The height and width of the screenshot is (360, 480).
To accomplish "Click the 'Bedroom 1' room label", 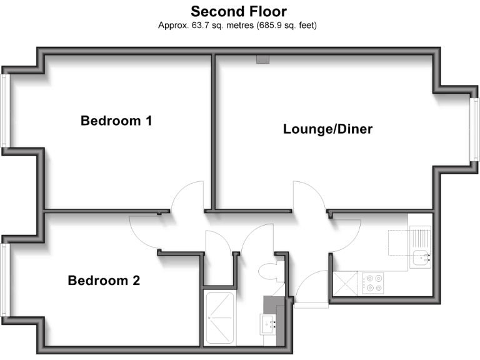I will tap(116, 121).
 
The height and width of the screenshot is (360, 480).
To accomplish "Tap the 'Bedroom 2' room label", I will tap(104, 281).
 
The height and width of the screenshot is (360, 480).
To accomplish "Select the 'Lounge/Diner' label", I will tap(327, 129).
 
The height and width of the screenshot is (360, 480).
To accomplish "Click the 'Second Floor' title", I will tap(239, 11).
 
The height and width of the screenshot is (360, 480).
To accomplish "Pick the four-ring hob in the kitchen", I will tap(374, 283).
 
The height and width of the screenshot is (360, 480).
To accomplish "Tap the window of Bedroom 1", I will tap(5, 111).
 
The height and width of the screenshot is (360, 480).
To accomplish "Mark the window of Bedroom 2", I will tap(5, 280).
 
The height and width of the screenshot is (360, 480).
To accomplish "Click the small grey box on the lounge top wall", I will tap(262, 60).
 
